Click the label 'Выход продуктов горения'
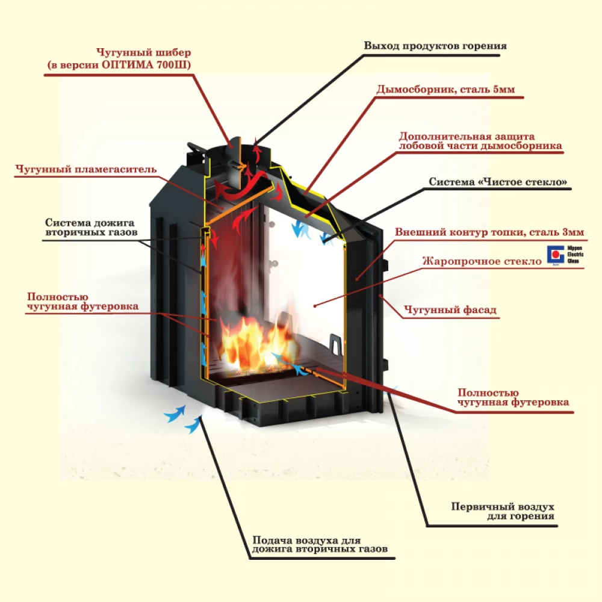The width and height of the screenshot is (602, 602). [x=435, y=46]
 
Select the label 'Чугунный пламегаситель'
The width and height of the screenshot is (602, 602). [x=86, y=169]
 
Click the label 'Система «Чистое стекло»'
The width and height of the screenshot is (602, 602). [x=498, y=182]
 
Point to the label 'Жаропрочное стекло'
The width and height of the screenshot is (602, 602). [x=482, y=261]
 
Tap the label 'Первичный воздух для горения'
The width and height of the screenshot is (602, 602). [x=503, y=511]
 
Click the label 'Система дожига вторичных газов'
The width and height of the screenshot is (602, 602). [x=90, y=226]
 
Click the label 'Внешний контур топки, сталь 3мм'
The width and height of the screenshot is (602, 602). [x=489, y=232]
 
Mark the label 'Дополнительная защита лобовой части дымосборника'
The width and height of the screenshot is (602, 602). [x=480, y=141]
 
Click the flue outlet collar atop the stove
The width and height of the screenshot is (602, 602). [x=244, y=144]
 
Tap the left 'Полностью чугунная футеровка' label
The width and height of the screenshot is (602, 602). [x=82, y=302]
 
